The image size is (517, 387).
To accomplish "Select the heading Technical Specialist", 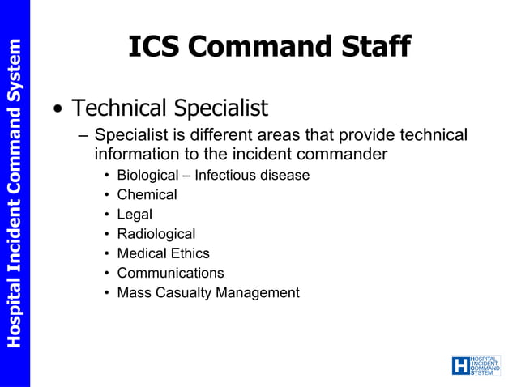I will click(169, 108).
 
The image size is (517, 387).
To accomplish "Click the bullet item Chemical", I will click(147, 194).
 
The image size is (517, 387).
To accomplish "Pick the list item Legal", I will click(135, 215).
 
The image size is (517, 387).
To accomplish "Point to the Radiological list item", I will click(156, 234).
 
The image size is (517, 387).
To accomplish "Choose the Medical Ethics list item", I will click(163, 253).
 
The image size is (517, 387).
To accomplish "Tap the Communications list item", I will click(170, 273).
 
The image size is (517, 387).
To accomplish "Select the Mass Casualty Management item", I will click(208, 292).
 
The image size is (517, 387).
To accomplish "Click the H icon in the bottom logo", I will click(460, 366).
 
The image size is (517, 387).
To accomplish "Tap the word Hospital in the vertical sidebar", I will click(14, 313).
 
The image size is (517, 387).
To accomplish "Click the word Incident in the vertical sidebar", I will click(14, 235).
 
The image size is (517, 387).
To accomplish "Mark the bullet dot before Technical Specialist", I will click(58, 109).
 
